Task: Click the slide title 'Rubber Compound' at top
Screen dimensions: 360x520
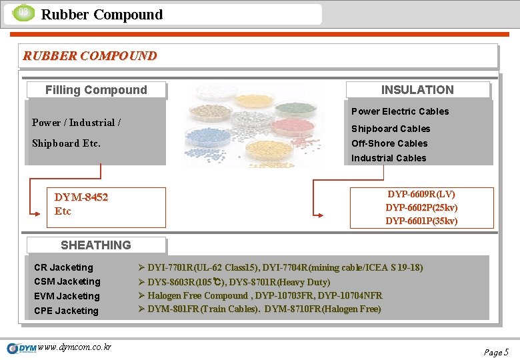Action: tap(101, 15)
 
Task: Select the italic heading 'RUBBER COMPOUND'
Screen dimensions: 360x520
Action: tap(90, 56)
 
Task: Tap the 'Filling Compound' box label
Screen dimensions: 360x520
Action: tap(96, 90)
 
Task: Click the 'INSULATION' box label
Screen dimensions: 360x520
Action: tap(417, 90)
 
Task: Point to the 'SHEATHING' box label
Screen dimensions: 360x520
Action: tap(96, 245)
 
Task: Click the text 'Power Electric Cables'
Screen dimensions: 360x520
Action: tap(400, 111)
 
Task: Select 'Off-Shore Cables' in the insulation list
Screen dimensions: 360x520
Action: tap(389, 143)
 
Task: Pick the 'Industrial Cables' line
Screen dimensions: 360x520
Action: tap(389, 158)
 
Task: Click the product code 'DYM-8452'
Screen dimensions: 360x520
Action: tap(81, 197)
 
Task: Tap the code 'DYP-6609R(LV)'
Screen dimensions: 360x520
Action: tap(421, 194)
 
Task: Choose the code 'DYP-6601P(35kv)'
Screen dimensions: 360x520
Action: tap(421, 221)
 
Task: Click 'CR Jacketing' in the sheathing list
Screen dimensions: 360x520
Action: tap(63, 267)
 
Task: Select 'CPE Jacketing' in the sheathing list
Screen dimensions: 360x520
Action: tap(66, 311)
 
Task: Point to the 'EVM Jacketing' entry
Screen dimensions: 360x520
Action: tap(67, 296)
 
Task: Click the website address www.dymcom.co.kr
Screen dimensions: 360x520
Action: tap(75, 347)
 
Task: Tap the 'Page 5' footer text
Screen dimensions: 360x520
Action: tap(496, 352)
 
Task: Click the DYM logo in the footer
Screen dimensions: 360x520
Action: tap(21, 348)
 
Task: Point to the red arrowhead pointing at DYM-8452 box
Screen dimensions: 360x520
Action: tap(35, 213)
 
